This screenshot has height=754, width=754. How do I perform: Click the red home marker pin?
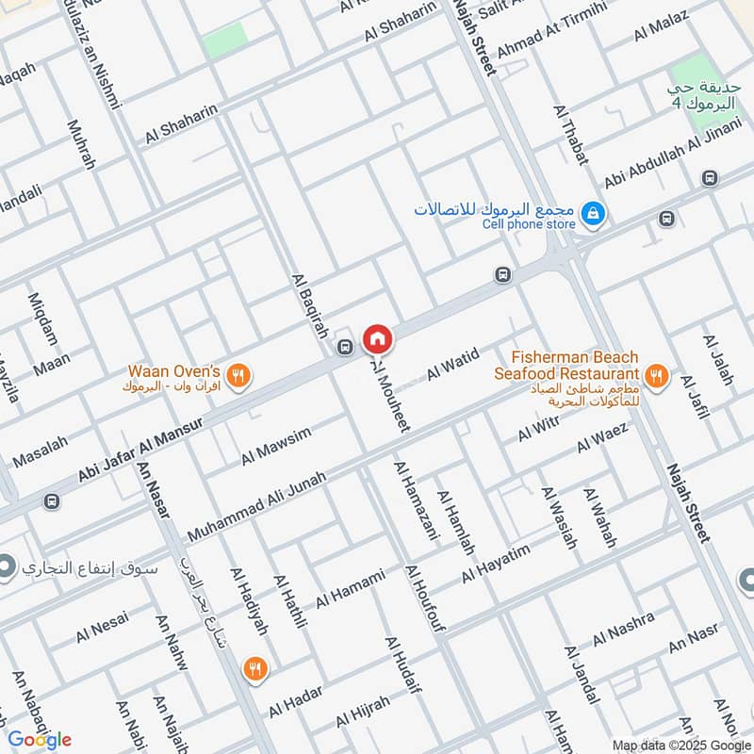(377, 337)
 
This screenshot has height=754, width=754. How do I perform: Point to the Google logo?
(39, 739)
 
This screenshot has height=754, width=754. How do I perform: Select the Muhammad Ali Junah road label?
(256, 506)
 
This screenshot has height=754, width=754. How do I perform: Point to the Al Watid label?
(453, 364)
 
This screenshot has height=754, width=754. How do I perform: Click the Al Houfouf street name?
(423, 598)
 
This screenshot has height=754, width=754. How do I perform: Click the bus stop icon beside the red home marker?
(346, 347)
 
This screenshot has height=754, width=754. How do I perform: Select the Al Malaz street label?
(662, 26)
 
